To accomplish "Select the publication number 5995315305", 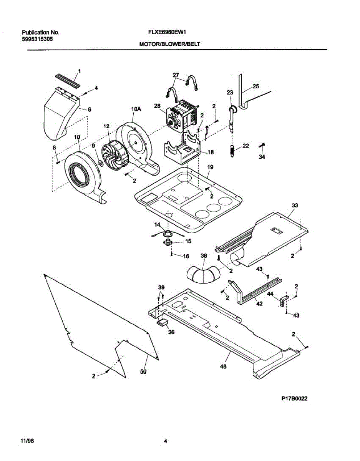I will (x=37, y=39).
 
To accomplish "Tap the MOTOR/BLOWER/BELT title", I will (x=169, y=44).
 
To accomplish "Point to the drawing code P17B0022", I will (x=294, y=399).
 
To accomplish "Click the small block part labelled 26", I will (x=162, y=322).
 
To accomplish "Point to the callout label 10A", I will (x=136, y=109).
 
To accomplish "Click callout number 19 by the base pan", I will (x=210, y=167).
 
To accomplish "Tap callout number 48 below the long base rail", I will (x=223, y=366).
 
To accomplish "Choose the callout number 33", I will (x=294, y=206).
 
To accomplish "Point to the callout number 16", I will (x=186, y=255).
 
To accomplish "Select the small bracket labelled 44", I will (x=284, y=301).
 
